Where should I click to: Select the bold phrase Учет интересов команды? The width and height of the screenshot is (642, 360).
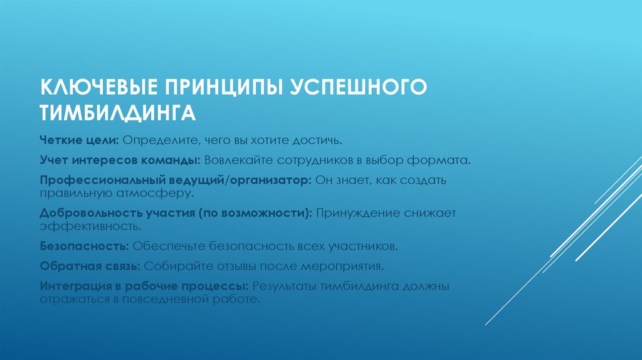pos(120,161)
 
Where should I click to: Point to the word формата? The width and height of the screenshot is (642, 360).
pos(444,161)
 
